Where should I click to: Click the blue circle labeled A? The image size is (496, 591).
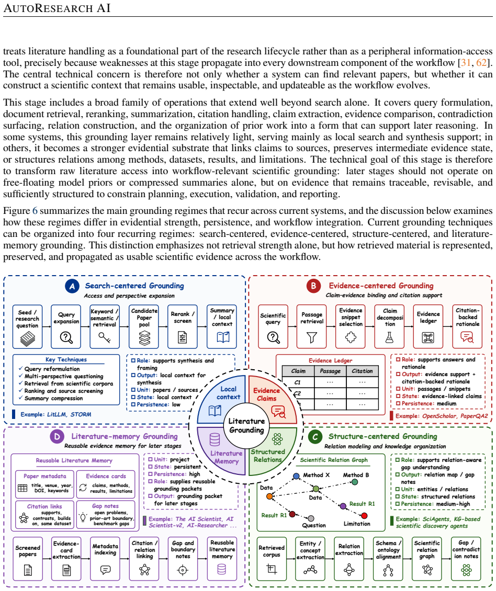point(72,286)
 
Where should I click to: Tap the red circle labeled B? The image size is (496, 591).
point(313,286)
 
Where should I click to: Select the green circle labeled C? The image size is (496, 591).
point(315,437)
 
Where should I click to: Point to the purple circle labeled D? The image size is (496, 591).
point(57,437)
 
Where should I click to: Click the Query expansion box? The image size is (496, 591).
point(66,326)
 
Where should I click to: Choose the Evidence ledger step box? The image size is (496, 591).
point(428,326)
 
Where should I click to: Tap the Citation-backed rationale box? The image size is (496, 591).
point(467,326)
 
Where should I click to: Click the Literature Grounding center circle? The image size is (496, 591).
point(246,426)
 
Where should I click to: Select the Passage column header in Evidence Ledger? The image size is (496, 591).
point(331,371)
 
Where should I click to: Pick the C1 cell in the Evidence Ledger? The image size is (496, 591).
point(298,382)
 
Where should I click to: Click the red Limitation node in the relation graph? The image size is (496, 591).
point(364,516)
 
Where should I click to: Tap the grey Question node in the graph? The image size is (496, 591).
point(311,519)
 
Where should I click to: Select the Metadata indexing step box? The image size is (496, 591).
point(105,559)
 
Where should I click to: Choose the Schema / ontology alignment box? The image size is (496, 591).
point(388,559)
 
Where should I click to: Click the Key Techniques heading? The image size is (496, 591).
point(66,360)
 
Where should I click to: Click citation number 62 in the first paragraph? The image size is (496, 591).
point(481,63)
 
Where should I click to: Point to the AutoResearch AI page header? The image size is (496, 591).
point(57,8)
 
